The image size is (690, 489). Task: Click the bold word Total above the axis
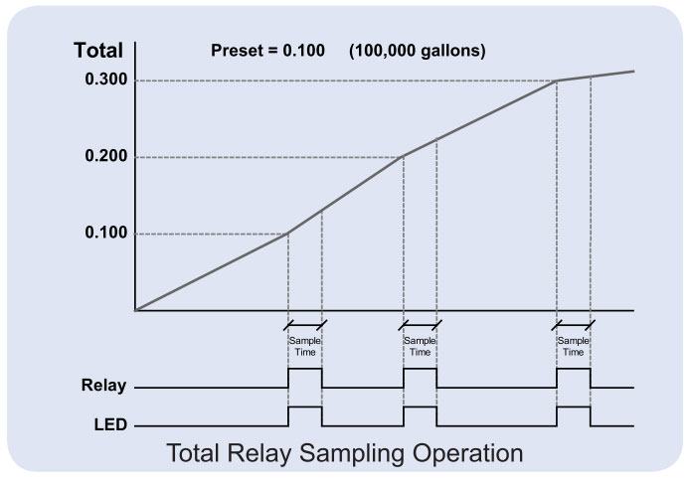click(98, 51)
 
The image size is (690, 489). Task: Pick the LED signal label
click(102, 425)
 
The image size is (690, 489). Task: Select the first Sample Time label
click(304, 346)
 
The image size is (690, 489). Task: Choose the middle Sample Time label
click(420, 346)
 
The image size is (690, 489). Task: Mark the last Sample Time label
click(574, 346)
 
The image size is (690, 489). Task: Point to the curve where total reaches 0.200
click(403, 157)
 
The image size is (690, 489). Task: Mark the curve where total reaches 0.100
click(287, 234)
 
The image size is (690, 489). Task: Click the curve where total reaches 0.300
click(557, 81)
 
